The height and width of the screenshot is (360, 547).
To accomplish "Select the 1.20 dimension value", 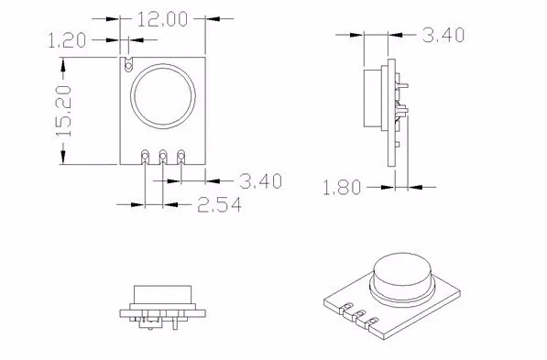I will click(x=69, y=39).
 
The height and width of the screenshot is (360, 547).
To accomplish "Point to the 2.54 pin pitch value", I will click(x=220, y=205).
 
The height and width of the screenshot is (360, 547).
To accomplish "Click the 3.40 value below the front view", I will click(x=259, y=180).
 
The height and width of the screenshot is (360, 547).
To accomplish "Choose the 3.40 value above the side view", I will click(x=444, y=35).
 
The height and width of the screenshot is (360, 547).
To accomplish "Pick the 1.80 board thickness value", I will click(x=344, y=188).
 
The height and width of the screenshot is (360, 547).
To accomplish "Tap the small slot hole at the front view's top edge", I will click(x=129, y=63).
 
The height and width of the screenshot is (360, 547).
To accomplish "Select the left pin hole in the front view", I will click(x=146, y=155).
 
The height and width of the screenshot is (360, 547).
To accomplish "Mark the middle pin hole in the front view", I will click(x=163, y=155).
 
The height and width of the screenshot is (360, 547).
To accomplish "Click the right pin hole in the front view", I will click(x=181, y=155).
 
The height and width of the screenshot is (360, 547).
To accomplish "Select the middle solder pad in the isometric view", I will click(x=361, y=317).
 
